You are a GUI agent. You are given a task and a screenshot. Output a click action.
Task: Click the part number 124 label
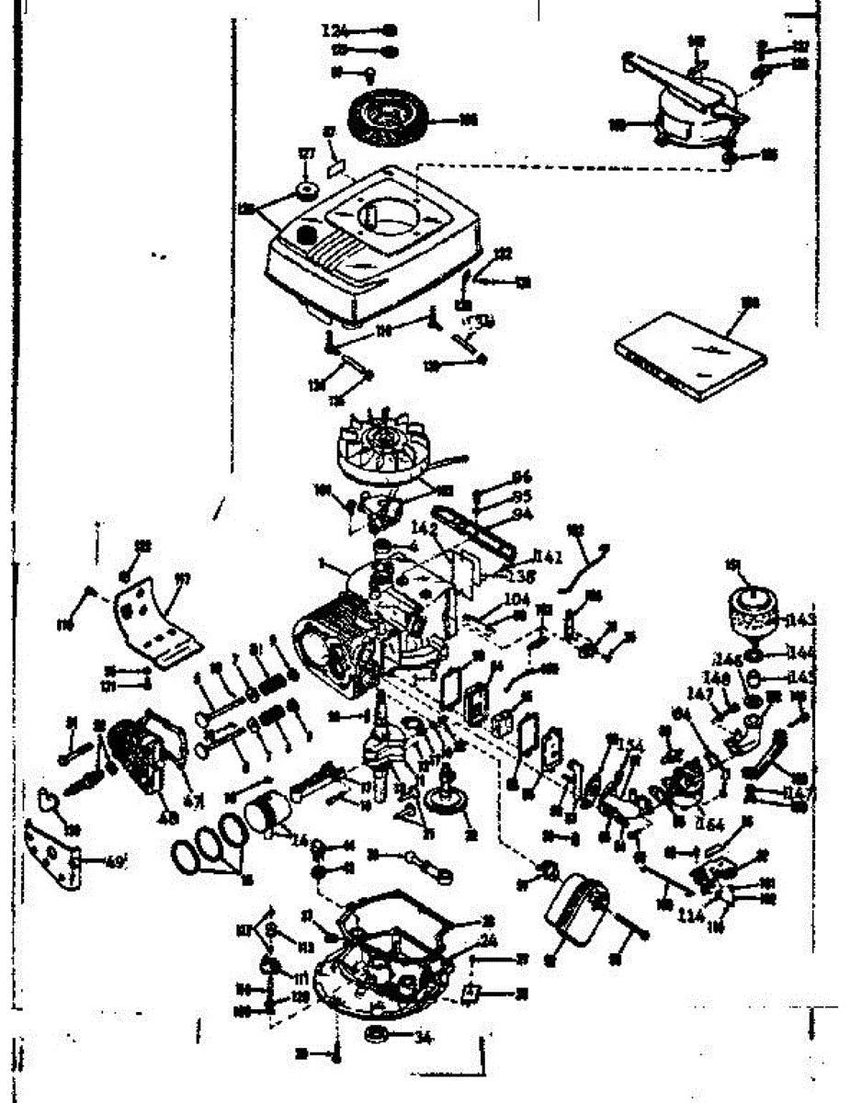[335, 29]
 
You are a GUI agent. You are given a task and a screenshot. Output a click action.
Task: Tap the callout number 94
[522, 514]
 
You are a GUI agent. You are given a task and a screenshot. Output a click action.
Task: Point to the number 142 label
[424, 528]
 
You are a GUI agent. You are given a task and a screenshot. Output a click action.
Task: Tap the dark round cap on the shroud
[306, 237]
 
